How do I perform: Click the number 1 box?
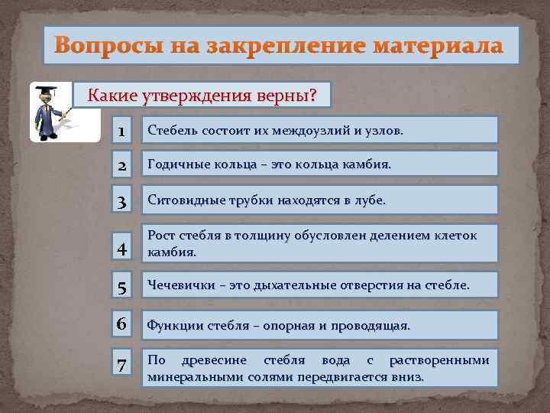tap(122, 130)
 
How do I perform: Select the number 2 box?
tap(122, 164)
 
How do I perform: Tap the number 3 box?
tap(122, 200)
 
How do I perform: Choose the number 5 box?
tap(122, 285)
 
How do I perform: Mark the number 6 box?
tap(122, 324)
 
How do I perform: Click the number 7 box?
tap(122, 366)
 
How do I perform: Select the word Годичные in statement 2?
tap(176, 164)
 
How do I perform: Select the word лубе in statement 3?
tap(370, 200)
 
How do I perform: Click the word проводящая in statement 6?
tap(373, 326)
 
